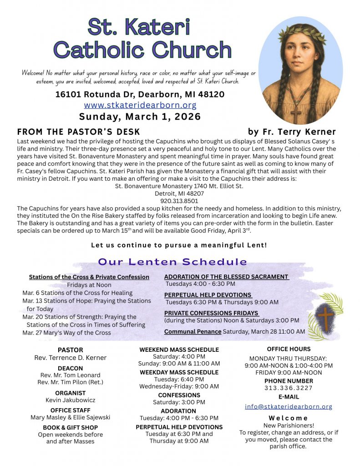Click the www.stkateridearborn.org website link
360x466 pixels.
pyautogui.click(x=140, y=106)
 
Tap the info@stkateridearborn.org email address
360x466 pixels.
pyautogui.click(x=289, y=406)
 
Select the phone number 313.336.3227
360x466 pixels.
pyautogui.click(x=289, y=388)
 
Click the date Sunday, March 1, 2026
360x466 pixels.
pyautogui.click(x=140, y=116)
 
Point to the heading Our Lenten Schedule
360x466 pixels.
pyautogui.click(x=172, y=262)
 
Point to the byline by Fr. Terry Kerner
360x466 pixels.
pyautogui.click(x=292, y=132)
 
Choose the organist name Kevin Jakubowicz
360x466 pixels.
pyautogui.click(x=70, y=400)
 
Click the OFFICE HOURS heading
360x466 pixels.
pyautogui.click(x=289, y=349)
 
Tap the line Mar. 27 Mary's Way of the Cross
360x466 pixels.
pyautogui.click(x=66, y=333)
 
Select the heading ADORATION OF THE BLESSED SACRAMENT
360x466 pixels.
pyautogui.click(x=226, y=277)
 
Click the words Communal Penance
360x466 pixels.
pyautogui.click(x=193, y=332)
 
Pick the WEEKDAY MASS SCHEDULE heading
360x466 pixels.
pyautogui.click(x=179, y=372)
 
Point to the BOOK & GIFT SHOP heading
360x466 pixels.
pyautogui.click(x=70, y=427)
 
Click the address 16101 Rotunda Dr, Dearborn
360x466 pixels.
pyautogui.click(x=140, y=95)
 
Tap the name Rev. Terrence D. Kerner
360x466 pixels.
pyautogui.click(x=70, y=358)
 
